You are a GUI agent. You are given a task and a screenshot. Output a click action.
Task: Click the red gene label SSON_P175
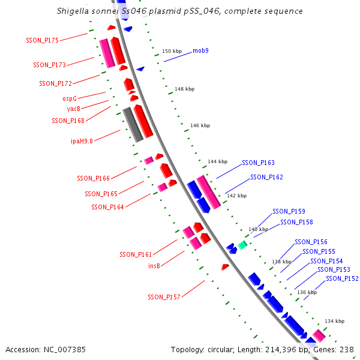point(42,40)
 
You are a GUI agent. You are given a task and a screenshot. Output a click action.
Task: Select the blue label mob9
point(200,50)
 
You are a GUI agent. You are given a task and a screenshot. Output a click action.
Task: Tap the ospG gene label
point(70,98)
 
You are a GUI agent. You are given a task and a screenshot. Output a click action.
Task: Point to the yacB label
point(73,109)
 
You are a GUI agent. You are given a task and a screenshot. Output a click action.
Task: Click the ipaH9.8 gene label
point(82,141)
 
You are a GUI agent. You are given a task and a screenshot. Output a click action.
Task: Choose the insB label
point(154,266)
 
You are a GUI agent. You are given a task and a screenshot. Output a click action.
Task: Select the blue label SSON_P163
point(258,163)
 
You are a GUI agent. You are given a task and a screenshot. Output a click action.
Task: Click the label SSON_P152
point(342,278)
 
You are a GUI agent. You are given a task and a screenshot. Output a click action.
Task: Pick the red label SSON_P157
point(164,297)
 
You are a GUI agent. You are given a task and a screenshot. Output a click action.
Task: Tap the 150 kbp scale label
point(172,51)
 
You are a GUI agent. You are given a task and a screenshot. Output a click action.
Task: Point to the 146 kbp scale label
point(200,125)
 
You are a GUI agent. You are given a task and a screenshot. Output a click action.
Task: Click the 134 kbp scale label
point(335,321)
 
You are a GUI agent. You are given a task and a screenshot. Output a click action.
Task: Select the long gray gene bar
point(133,125)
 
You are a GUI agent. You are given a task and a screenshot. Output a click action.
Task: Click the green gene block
point(242,245)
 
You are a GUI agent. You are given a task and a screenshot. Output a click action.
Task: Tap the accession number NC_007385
point(65,350)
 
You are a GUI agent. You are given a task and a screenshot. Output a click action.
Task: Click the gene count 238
point(347,350)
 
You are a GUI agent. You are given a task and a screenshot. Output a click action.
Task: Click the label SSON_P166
point(93,178)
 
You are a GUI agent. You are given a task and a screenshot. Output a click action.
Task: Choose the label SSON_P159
point(289,211)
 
